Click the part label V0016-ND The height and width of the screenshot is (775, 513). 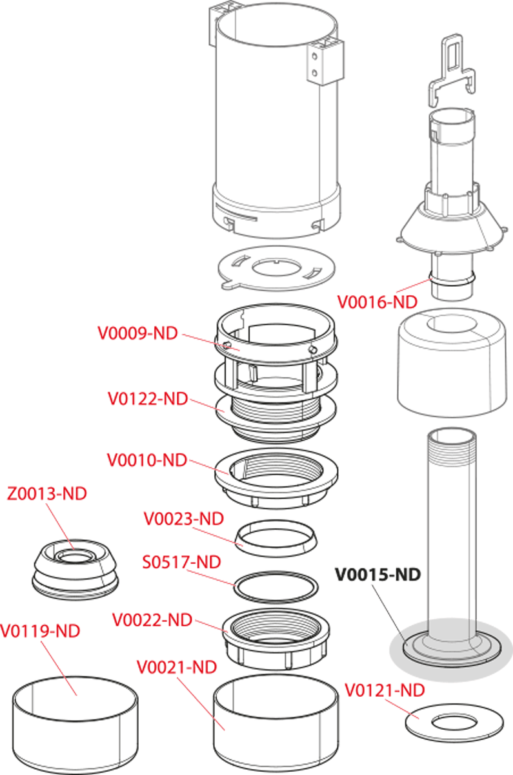click(377, 301)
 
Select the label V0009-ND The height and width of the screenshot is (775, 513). click(137, 333)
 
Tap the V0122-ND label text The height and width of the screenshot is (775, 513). click(147, 399)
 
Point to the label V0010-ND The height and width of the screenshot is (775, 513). click(147, 460)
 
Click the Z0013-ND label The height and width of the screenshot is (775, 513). click(46, 494)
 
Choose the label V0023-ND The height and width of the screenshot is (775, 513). click(183, 518)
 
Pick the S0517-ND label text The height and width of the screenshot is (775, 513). click(181, 562)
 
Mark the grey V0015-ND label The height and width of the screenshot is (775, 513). click(377, 573)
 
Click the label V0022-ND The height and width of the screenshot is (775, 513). click(152, 620)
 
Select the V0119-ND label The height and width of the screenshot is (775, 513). click(40, 630)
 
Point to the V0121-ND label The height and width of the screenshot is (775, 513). click(385, 690)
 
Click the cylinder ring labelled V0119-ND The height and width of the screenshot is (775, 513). click(75, 723)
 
